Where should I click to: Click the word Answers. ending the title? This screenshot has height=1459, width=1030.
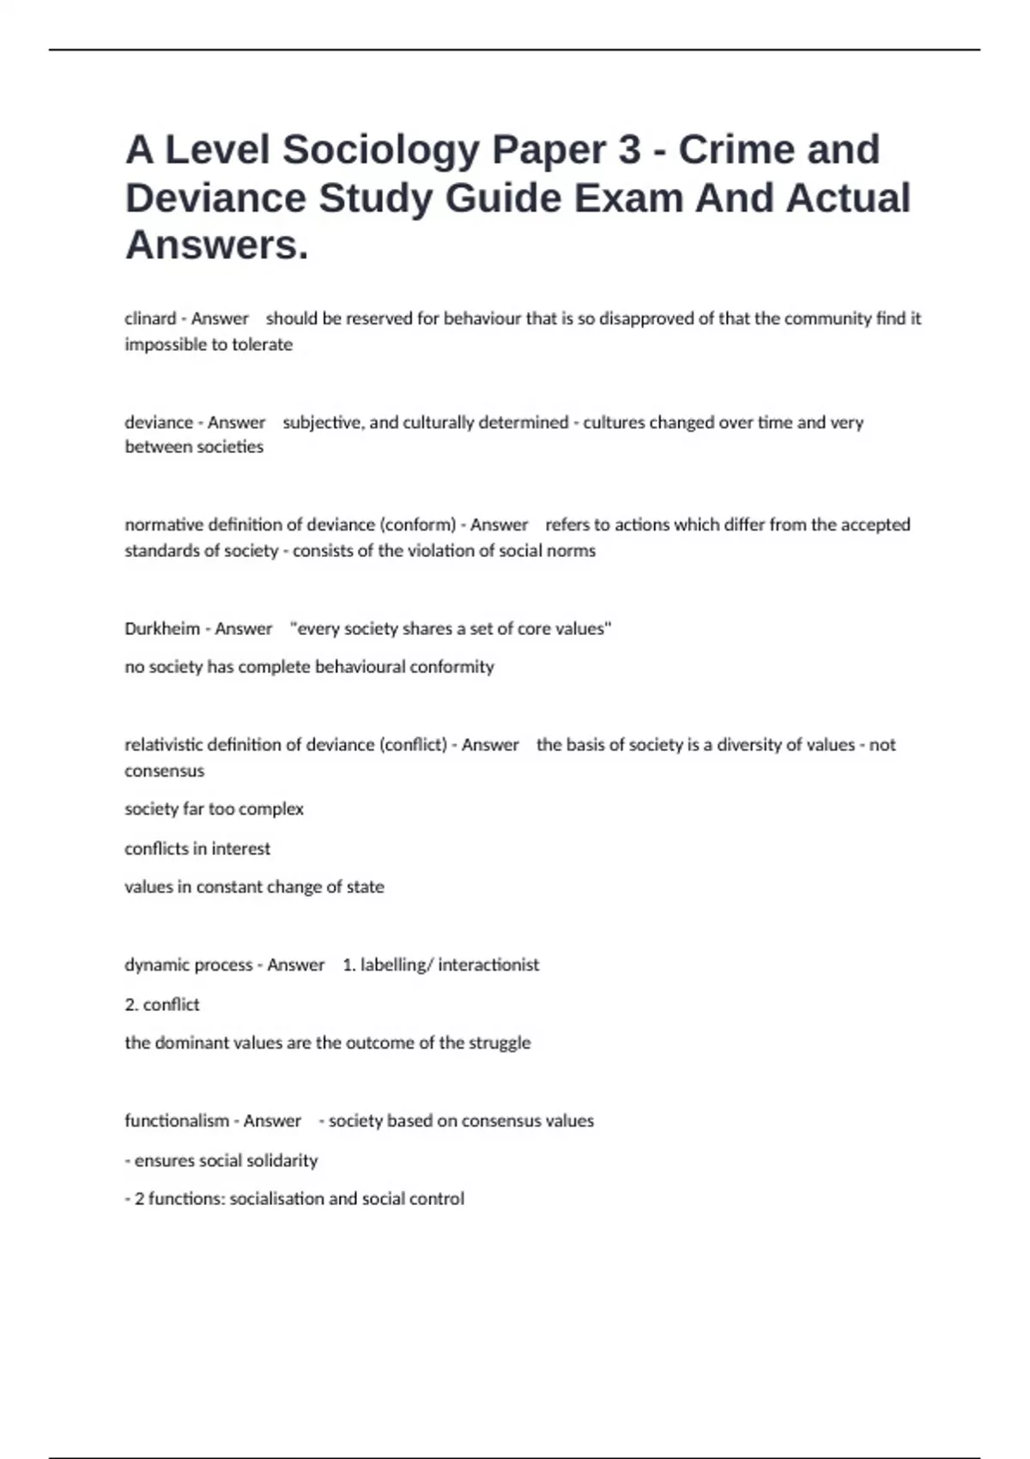pos(216,245)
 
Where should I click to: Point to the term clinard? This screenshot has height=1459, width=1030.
pos(150,318)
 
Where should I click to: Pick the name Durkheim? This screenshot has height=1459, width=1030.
pos(162,628)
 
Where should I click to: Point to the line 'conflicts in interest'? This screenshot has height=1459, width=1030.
pos(197,848)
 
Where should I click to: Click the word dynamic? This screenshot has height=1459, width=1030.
pos(156,965)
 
